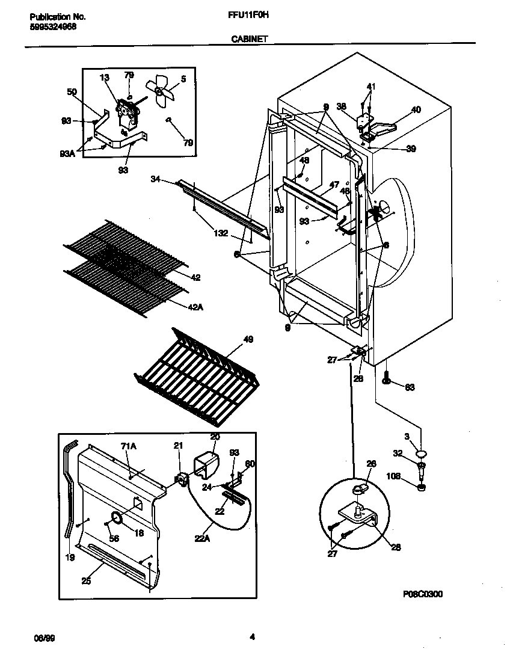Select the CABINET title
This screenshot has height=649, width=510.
[x=250, y=38]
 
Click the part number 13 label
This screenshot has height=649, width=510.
[x=105, y=78]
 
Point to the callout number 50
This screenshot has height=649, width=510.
[x=72, y=91]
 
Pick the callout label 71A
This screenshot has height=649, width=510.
[x=129, y=446]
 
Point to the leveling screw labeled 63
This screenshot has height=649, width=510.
[x=385, y=378]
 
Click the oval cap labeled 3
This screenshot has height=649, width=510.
[x=422, y=453]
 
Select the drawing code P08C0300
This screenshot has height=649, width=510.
[x=423, y=594]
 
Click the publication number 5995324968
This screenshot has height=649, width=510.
[x=52, y=27]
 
